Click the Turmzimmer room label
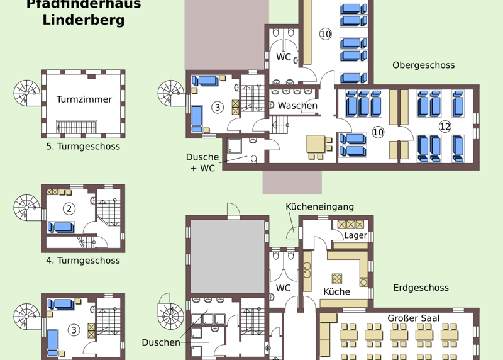(x=84, y=99)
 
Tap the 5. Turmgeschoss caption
(x=83, y=147)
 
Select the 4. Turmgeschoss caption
(x=83, y=261)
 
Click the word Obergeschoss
(x=423, y=65)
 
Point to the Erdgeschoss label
(x=421, y=288)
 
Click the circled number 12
(x=445, y=127)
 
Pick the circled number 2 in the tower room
(x=69, y=209)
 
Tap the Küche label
(x=336, y=291)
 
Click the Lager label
(x=355, y=235)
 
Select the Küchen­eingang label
(x=320, y=207)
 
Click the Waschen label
(x=297, y=106)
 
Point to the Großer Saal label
(x=413, y=318)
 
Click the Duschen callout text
(x=161, y=342)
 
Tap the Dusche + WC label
(x=202, y=162)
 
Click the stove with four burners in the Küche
(x=337, y=278)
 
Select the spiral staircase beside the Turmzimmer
(x=26, y=93)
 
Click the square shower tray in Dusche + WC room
(x=235, y=146)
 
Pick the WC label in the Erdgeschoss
(x=284, y=288)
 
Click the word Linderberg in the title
(x=84, y=20)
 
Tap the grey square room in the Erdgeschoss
(x=227, y=256)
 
